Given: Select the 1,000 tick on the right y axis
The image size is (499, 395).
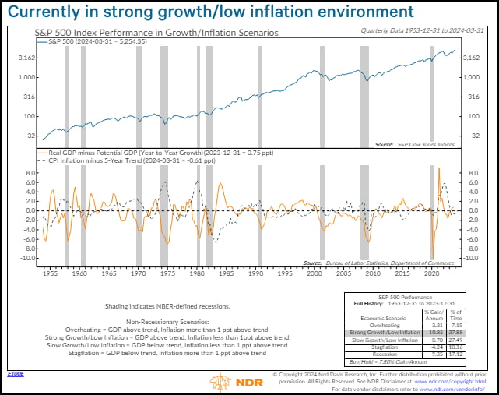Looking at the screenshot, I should pos(471,77).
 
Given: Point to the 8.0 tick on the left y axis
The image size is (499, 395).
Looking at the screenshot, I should pos(28,172).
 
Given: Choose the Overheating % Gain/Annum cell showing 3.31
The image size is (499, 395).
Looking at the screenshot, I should pos(436,324).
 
